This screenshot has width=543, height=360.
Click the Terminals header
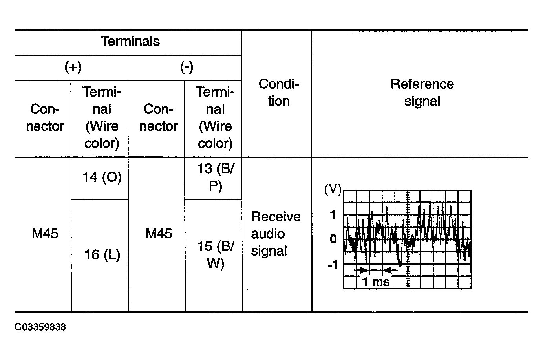point(130,41)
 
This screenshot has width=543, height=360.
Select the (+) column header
point(73,67)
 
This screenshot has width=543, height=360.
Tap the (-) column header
point(186,67)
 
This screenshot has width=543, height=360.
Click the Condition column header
point(278,93)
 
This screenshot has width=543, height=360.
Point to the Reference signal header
point(422,93)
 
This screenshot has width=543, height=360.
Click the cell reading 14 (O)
point(102,177)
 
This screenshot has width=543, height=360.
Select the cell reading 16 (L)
point(102,255)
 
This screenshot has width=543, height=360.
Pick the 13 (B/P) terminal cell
point(216,177)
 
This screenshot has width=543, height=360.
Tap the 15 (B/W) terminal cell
point(216,255)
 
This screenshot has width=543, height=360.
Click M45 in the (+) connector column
point(45,234)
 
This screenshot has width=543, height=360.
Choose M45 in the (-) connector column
point(159,234)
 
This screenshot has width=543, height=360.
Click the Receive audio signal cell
point(276,234)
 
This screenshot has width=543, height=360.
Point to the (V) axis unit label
point(333,189)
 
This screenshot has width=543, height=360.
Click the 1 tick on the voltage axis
point(333,214)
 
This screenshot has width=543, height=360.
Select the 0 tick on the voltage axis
point(333,239)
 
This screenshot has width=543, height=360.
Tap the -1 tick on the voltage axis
point(333,265)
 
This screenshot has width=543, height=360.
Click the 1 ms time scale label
point(376,282)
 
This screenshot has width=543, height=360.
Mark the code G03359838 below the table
point(40,327)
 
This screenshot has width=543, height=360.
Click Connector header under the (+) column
point(45,118)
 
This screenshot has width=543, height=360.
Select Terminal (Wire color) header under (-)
point(215,118)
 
